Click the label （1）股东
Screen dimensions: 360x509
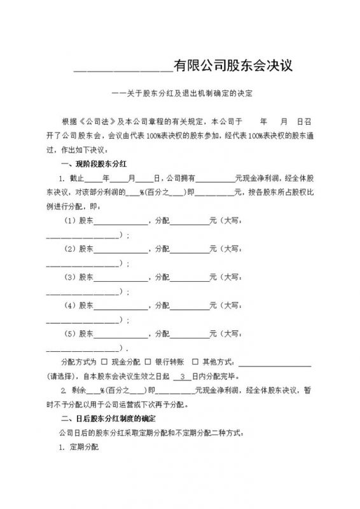79,221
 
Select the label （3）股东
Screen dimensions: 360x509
79,277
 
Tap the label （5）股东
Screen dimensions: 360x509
79,333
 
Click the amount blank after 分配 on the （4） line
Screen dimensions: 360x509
190,307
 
